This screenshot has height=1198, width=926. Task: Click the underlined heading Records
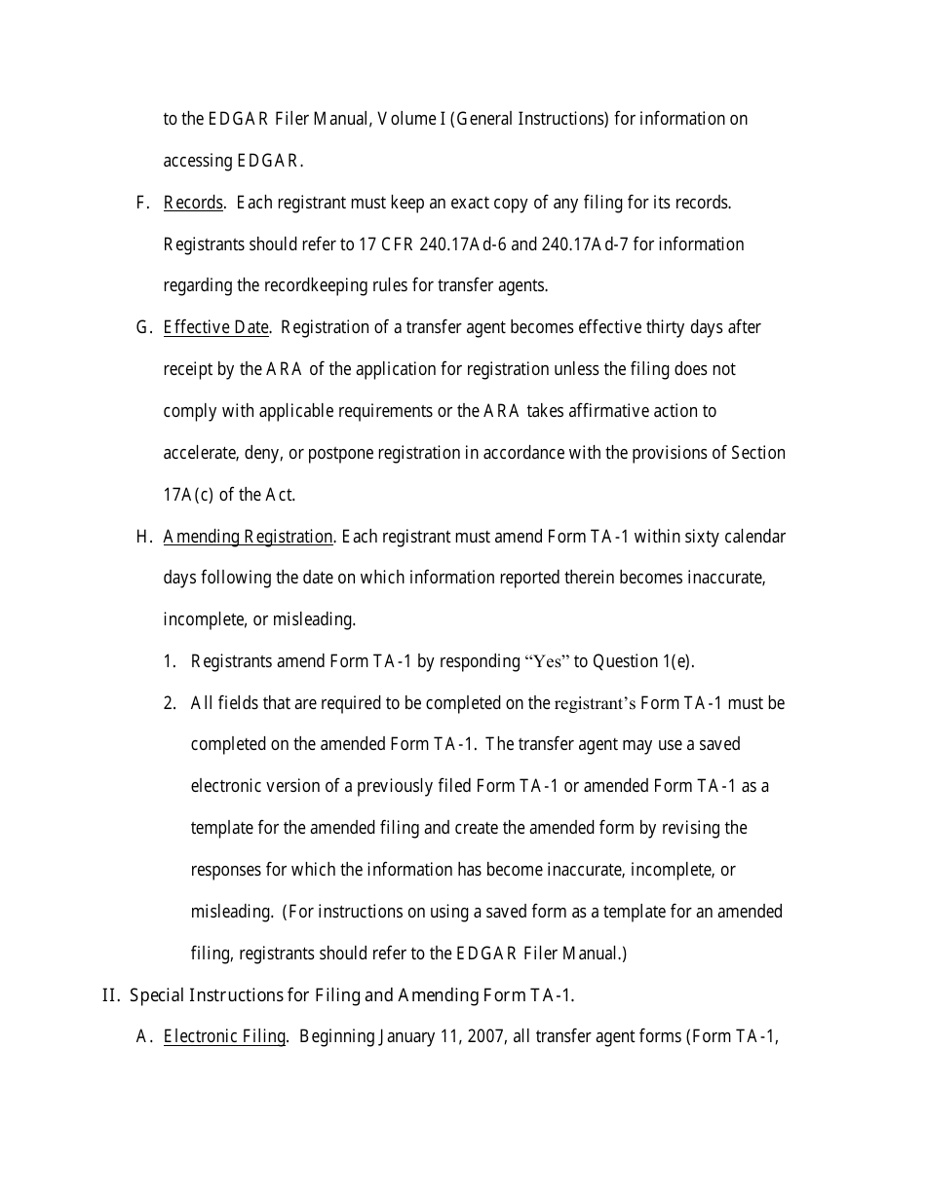click(193, 203)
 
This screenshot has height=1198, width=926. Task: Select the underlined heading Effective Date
click(215, 327)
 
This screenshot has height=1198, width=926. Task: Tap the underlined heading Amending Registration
click(248, 537)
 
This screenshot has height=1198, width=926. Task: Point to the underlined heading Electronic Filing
click(224, 1036)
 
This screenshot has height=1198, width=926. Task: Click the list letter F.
click(142, 203)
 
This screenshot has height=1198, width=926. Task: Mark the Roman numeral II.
click(109, 995)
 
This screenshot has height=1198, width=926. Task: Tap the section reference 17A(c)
click(187, 495)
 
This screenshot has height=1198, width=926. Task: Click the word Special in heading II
click(158, 995)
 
